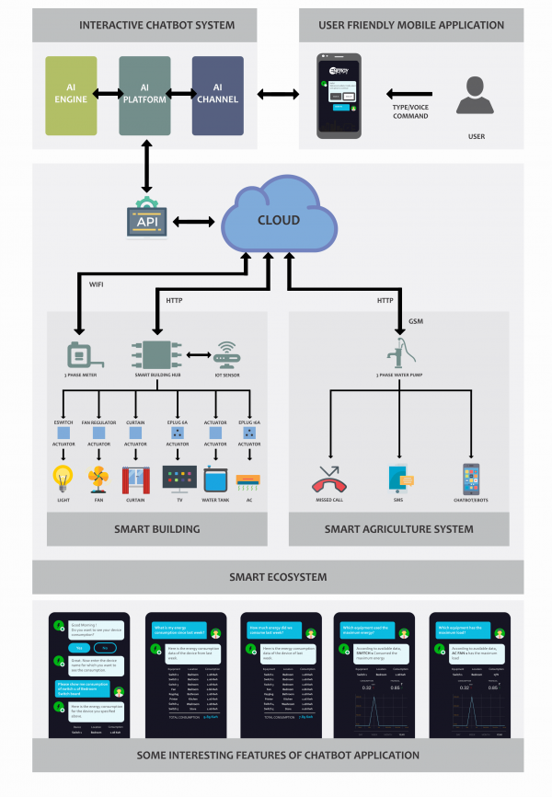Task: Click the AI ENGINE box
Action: (71, 93)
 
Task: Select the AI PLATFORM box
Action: (144, 93)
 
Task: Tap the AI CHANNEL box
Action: (218, 93)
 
